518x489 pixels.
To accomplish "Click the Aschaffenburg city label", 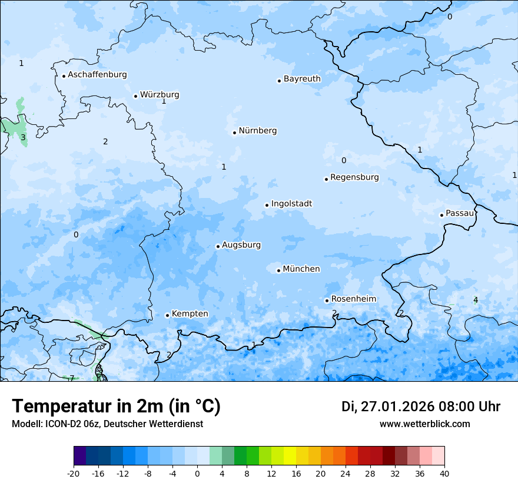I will (x=97, y=75).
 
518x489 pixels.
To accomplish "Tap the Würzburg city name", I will (x=160, y=95).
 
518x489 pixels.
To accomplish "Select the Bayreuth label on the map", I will (x=302, y=79).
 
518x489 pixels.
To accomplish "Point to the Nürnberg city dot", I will (x=234, y=133).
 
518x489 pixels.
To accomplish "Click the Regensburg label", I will (x=354, y=177).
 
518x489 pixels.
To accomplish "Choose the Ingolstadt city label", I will (x=291, y=204).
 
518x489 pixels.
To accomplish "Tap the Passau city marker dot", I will (x=441, y=215).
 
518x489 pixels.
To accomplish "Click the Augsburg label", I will (x=241, y=245).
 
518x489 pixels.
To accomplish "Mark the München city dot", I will (x=278, y=270).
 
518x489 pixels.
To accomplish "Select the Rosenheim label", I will (x=353, y=299).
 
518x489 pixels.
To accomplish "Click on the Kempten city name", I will (x=190, y=314).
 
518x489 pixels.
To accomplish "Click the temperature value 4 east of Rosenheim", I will (x=476, y=300).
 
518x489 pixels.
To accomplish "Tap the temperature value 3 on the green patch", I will (x=23, y=137).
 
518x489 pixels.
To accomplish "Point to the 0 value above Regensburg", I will (x=344, y=160).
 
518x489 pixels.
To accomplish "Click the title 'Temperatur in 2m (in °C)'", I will (x=116, y=407).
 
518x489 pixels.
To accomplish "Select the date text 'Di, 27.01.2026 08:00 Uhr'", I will (x=421, y=407).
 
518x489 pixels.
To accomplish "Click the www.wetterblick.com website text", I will (x=424, y=424).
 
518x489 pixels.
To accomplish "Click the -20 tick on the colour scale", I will (x=74, y=473).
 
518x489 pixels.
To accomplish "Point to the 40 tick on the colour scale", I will (x=444, y=473).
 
